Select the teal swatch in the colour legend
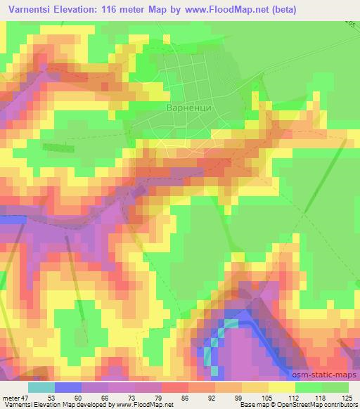coord(41,387)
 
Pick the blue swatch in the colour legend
coord(68,387)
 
